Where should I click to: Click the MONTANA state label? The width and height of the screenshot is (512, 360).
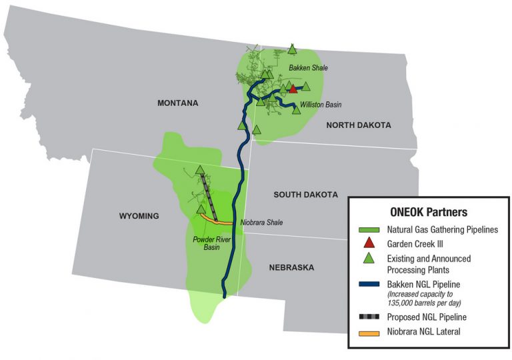click(x=178, y=103)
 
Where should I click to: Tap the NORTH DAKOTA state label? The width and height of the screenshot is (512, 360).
click(x=358, y=125)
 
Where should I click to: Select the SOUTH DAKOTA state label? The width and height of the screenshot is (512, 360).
click(x=305, y=195)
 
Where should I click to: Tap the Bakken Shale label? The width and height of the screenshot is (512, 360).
click(x=308, y=68)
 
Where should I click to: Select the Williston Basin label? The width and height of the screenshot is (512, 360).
click(x=321, y=105)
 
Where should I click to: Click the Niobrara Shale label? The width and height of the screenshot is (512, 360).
click(x=263, y=222)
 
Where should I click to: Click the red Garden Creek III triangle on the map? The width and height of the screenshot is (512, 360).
click(x=292, y=89)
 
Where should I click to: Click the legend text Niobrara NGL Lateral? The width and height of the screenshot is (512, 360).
click(x=425, y=331)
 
